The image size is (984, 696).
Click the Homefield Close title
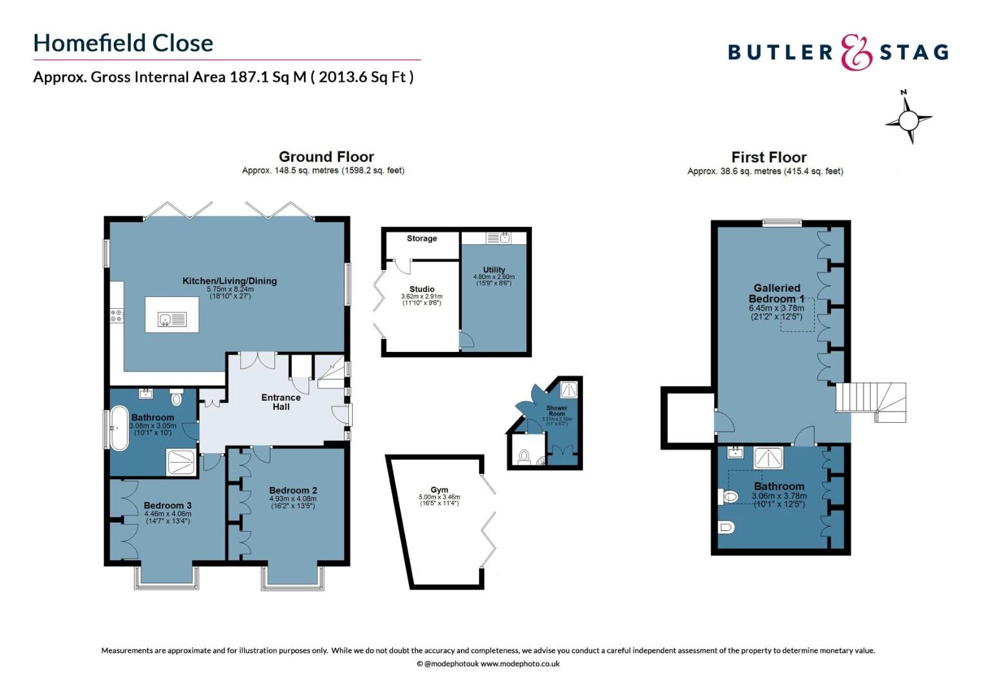[123, 43]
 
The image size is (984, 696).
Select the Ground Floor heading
[326, 157]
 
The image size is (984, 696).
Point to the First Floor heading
[768, 157]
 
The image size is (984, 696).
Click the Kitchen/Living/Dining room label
[229, 281]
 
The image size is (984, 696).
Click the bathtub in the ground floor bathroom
[119, 427]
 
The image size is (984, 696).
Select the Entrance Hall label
[281, 401]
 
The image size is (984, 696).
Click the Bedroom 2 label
[293, 490]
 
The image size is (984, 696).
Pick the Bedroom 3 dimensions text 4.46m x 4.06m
[167, 514]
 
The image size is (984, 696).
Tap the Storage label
[422, 238]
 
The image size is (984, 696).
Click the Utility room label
[494, 270]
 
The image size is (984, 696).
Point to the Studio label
[422, 289]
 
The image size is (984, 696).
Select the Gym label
[439, 490]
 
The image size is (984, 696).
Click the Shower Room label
[556, 411]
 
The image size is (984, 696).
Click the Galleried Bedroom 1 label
[777, 293]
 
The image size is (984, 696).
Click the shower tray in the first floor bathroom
[769, 458]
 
